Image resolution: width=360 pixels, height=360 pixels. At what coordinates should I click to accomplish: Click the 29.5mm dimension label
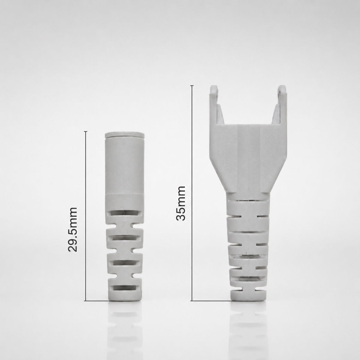pyautogui.click(x=73, y=229)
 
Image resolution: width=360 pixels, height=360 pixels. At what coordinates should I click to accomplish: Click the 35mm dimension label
pyautogui.click(x=181, y=204)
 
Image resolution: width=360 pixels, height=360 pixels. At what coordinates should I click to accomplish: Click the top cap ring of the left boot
pyautogui.click(x=124, y=135)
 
